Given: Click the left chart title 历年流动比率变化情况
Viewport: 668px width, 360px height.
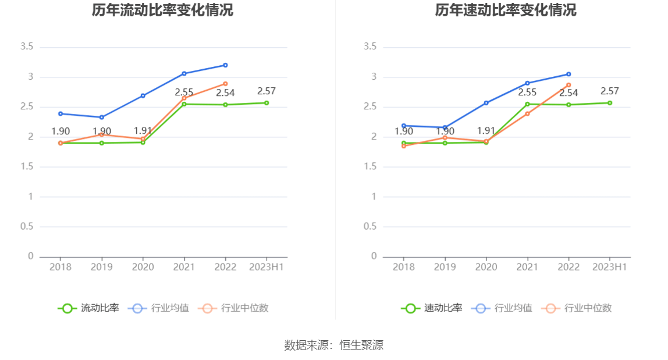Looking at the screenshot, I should point(162,10).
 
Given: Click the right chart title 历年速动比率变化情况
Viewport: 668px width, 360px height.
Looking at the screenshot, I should point(506,10).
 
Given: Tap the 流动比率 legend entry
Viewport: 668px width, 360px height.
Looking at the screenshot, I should point(88,308).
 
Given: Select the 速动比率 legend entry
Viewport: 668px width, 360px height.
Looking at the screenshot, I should point(432,308).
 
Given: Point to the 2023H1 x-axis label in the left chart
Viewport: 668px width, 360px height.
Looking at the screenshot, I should point(267,267).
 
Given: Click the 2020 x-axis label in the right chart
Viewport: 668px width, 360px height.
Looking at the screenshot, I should point(486,267).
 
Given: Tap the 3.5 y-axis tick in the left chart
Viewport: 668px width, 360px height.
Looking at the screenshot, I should point(27,47).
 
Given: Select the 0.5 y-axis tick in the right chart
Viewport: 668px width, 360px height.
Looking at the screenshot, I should point(370,226).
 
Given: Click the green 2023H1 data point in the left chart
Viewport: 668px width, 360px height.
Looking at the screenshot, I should point(267,103).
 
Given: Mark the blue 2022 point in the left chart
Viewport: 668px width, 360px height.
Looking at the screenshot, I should point(225,65).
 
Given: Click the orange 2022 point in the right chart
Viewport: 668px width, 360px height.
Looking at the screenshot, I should point(568,85).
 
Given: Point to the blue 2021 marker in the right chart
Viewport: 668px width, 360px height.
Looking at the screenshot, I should point(527,83).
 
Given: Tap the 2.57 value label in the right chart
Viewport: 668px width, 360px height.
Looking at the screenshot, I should point(610,91).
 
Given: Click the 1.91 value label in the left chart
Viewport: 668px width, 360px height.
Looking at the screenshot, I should point(143,131).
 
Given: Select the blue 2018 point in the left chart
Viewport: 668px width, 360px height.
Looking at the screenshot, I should point(61,113).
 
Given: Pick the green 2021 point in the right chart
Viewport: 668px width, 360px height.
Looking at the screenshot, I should point(527,104).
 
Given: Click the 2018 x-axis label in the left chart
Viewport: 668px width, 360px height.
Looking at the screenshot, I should point(61,267).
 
